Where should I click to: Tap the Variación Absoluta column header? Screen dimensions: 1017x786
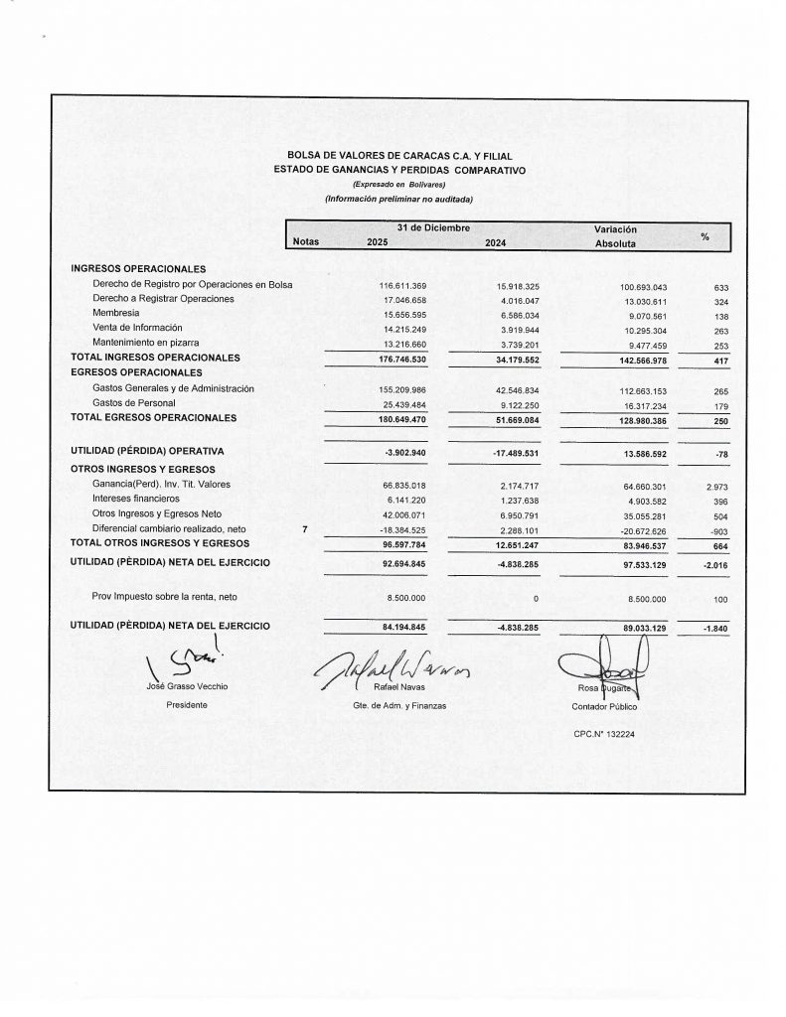pos(615,235)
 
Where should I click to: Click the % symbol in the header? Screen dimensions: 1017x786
pos(705,235)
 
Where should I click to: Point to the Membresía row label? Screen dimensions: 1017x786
pos(116,313)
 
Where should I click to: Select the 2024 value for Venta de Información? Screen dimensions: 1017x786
pos(518,328)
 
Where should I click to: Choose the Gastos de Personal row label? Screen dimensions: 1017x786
pos(133,402)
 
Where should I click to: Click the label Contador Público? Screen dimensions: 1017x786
pos(602,706)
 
